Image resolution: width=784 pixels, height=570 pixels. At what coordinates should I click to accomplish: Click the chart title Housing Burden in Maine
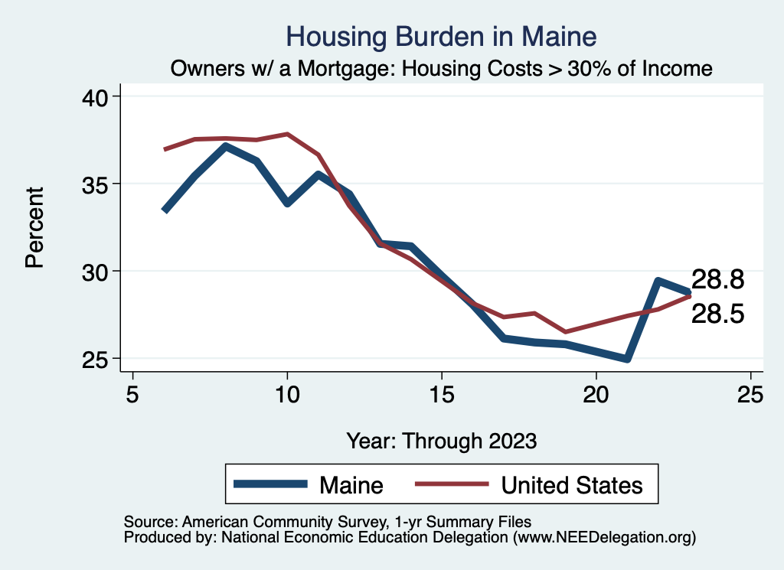(440, 36)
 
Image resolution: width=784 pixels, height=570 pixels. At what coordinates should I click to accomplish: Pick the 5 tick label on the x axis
(133, 395)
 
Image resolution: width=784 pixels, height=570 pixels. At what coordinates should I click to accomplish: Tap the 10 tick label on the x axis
(287, 395)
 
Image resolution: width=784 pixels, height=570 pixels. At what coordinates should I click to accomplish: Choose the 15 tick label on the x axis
(442, 395)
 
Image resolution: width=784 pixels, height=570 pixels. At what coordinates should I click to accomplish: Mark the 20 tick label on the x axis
(596, 395)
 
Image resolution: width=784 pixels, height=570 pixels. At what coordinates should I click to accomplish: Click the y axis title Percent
(34, 227)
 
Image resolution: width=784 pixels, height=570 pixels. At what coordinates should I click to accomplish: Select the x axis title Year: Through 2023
(442, 441)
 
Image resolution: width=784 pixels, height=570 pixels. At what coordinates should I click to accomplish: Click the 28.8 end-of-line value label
(717, 279)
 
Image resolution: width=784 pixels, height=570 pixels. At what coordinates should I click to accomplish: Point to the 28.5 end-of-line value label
(717, 314)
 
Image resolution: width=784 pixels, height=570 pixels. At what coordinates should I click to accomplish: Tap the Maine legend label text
(351, 485)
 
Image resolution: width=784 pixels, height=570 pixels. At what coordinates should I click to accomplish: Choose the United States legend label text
(571, 485)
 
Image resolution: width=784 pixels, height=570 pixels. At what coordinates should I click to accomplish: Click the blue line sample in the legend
(271, 484)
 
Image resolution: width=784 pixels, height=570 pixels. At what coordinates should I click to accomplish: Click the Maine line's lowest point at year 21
(627, 358)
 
